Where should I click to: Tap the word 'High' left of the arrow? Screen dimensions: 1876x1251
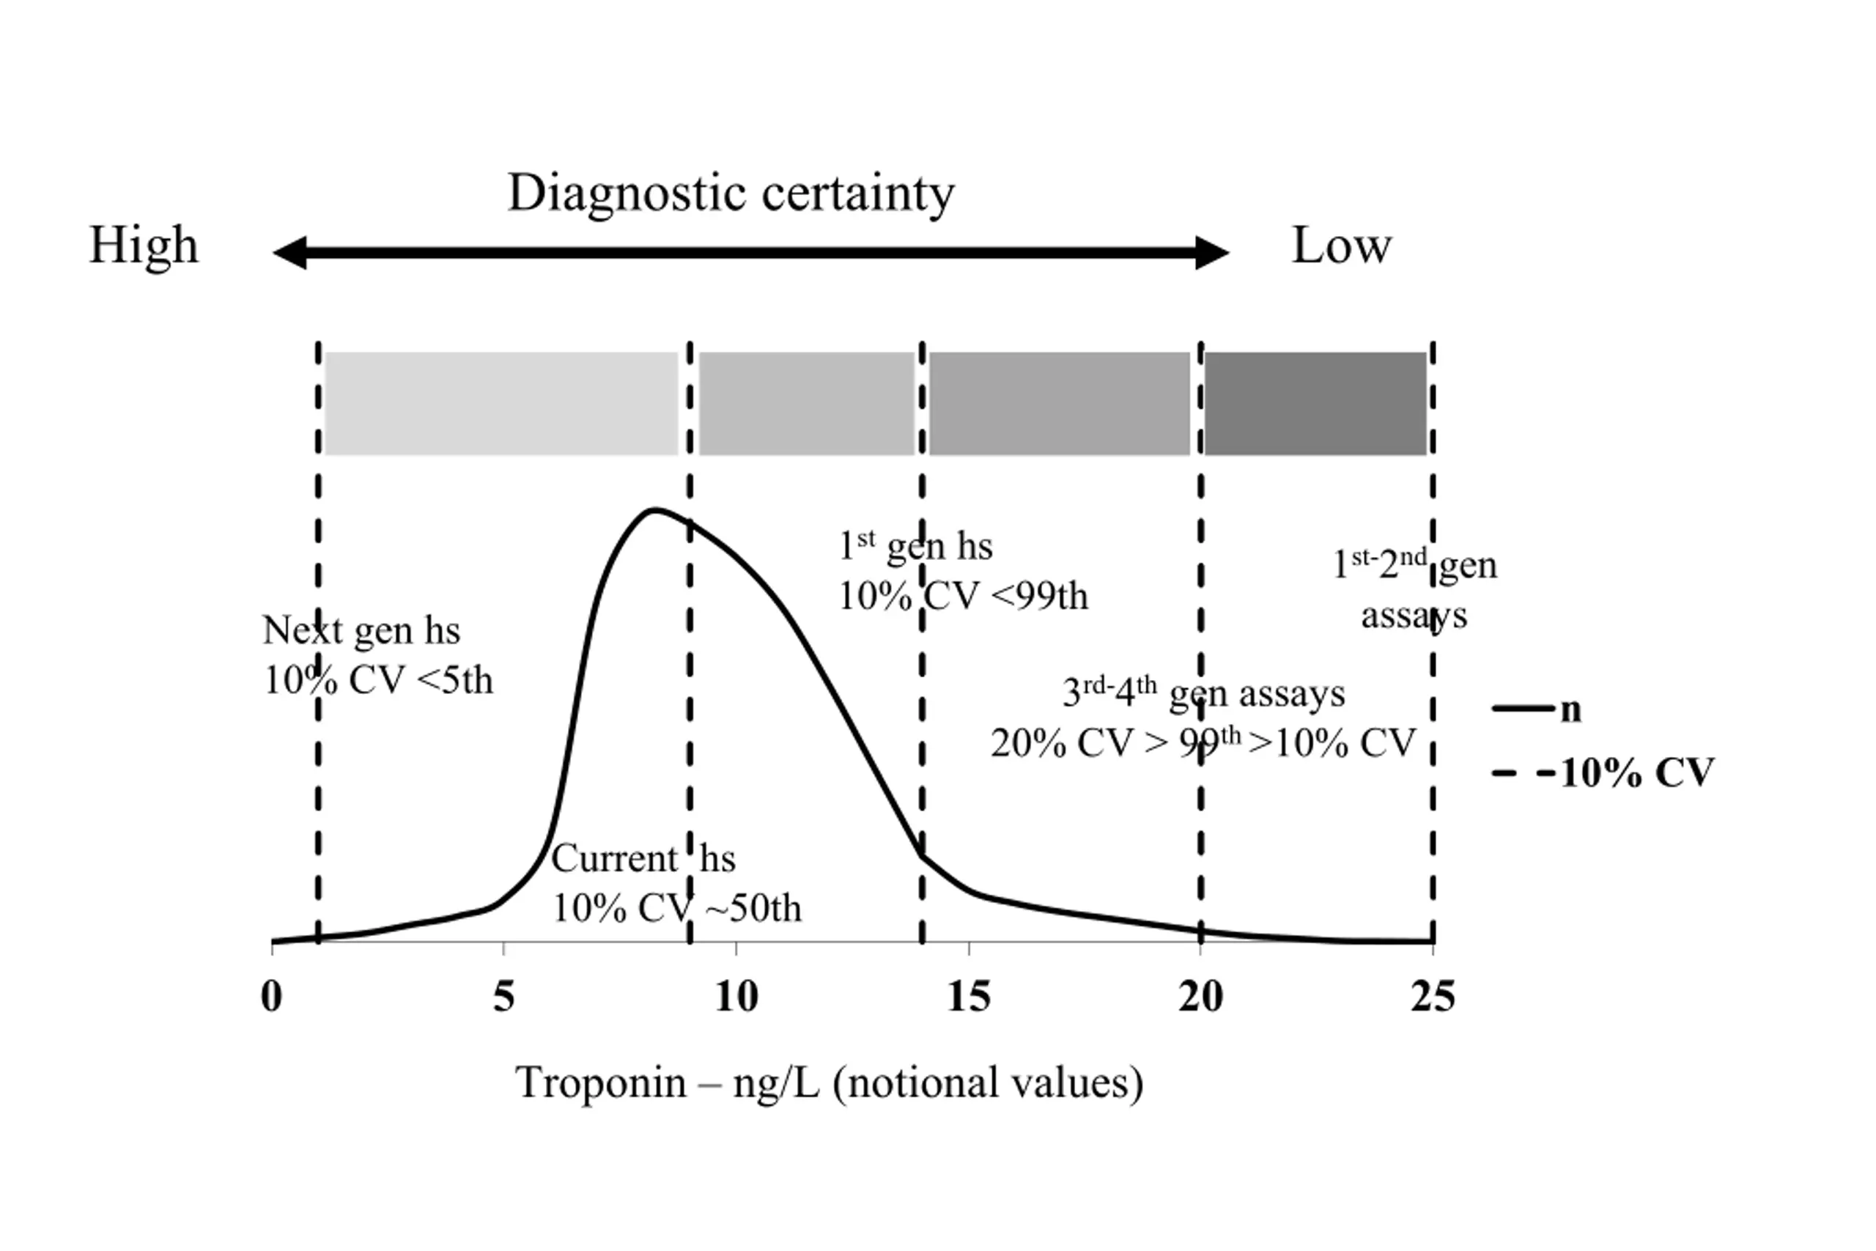[x=144, y=246]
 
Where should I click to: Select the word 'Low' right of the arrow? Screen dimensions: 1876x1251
[x=1342, y=245]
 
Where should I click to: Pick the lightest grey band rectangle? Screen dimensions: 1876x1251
[x=502, y=404]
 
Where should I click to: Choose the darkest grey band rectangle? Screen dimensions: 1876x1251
[x=1315, y=404]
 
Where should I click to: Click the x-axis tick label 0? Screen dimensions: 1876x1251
[x=272, y=997]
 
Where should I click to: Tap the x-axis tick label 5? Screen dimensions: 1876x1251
[x=503, y=997]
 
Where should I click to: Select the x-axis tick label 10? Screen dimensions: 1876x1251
[x=736, y=997]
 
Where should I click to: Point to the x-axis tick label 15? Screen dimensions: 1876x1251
[x=968, y=997]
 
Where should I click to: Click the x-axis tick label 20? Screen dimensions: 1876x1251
[x=1200, y=997]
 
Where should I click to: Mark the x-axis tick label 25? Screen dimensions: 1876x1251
[x=1433, y=997]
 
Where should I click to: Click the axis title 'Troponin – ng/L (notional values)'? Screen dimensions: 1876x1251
[x=830, y=1083]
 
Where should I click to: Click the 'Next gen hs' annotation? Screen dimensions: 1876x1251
[x=361, y=630]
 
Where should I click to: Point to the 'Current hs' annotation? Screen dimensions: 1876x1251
[x=643, y=858]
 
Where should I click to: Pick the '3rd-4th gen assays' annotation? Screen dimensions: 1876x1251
[x=1203, y=693]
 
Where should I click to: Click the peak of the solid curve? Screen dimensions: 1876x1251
[x=654, y=509]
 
